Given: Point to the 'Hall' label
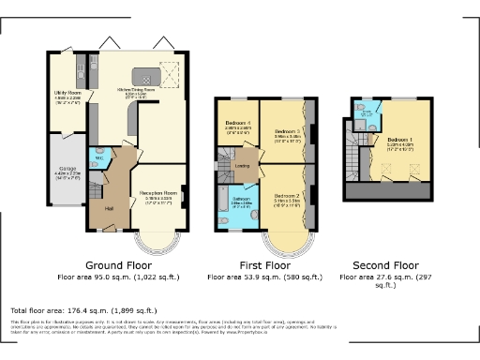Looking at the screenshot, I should pyautogui.click(x=109, y=208).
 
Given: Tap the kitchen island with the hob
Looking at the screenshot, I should pyautogui.click(x=143, y=75).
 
